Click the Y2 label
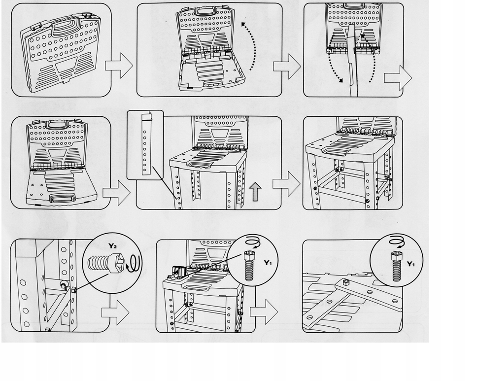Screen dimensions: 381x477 [x=113, y=246]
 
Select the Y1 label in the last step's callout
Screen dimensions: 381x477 [x=410, y=264]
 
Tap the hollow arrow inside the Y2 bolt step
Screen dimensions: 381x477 [x=115, y=312]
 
